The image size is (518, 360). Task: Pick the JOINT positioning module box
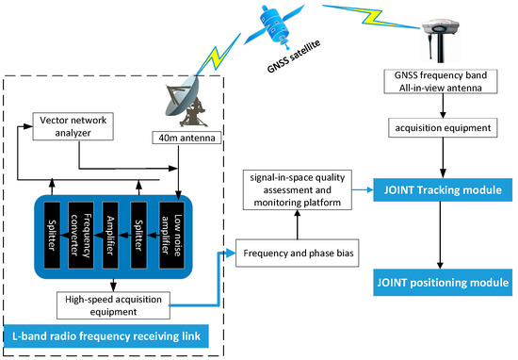pyautogui.click(x=441, y=281)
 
